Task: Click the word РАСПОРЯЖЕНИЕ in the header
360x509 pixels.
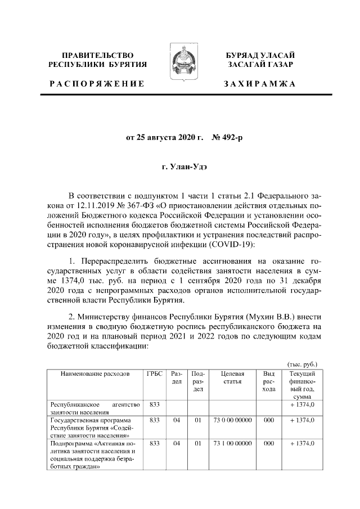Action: pos(96,84)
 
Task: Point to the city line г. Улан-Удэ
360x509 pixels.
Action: pos(180,166)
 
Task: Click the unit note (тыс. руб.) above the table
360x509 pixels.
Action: pos(302,363)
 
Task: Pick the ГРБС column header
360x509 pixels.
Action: pos(154,373)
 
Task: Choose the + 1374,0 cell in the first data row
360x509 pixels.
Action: pos(302,404)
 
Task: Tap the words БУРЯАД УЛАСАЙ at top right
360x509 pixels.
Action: pos(260,55)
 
